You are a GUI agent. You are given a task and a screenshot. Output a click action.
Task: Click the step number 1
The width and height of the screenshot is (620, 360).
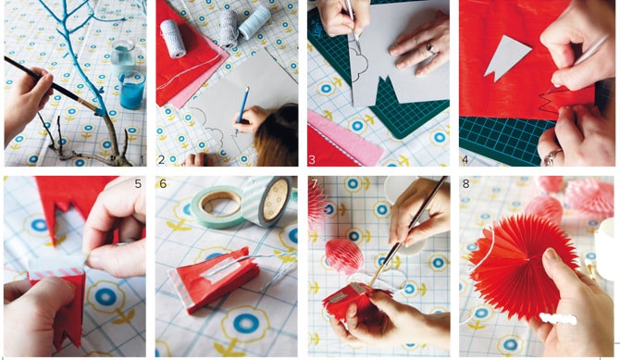pos(142,160)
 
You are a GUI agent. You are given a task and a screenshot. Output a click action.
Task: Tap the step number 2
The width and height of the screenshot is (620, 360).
pos(161,160)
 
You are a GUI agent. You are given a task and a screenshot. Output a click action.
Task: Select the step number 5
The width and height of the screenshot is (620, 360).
pos(138,184)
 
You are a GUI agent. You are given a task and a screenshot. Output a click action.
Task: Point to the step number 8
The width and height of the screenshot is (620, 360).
pos(465,184)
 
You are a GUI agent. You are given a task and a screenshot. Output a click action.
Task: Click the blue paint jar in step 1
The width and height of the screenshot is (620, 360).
pos(131,90)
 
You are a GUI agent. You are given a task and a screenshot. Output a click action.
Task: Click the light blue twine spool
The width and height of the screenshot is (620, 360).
pos(255,23)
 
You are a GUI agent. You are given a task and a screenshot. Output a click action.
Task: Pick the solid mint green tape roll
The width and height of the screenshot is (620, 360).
pos(217,206)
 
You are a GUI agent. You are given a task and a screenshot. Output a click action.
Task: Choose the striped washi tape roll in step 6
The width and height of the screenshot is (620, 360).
pos(268,201)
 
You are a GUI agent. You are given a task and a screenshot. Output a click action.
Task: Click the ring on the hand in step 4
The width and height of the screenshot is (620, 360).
pos(552,156)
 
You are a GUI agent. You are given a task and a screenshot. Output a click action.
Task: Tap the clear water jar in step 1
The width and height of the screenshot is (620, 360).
pos(123,58)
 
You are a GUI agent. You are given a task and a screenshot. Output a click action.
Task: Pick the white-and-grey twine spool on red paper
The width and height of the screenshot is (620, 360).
pos(173,39)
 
